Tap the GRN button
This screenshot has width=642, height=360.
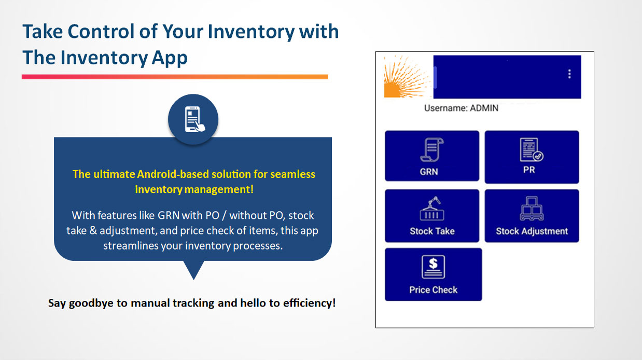point(431,156)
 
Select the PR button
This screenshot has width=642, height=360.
point(532,157)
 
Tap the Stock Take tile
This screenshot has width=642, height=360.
point(431,216)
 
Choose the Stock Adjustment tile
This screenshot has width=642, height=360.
point(532,216)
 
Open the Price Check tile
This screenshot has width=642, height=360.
point(433,274)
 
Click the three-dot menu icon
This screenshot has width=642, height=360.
point(569,74)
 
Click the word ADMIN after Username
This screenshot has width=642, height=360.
point(484,108)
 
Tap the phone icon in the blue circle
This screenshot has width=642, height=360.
point(193,120)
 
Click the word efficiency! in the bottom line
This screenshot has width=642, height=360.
point(309,303)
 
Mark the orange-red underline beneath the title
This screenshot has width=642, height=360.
point(175,77)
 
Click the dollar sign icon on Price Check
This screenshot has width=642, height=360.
point(433,267)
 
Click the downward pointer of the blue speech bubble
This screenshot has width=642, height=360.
point(193,271)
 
